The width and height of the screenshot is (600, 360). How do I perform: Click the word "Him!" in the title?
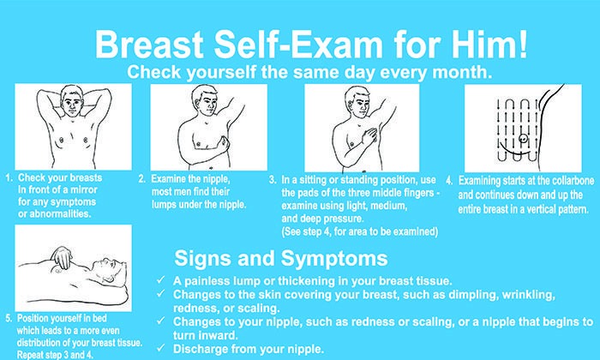point(489,44)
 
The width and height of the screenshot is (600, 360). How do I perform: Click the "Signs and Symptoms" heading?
point(281,259)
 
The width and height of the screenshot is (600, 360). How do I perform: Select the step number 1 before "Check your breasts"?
point(9,178)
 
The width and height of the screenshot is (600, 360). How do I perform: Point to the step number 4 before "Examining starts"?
point(449,181)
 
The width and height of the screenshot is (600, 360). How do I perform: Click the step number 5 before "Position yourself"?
point(9,318)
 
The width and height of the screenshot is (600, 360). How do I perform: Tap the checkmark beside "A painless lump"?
point(161,280)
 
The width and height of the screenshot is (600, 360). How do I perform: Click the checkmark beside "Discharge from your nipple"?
point(161,348)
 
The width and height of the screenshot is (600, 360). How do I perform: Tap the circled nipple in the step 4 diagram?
point(523,139)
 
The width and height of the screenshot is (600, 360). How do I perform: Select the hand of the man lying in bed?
point(63,256)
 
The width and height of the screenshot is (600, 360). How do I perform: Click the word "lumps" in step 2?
point(164,205)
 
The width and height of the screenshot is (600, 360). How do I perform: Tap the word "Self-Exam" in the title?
point(298,45)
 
